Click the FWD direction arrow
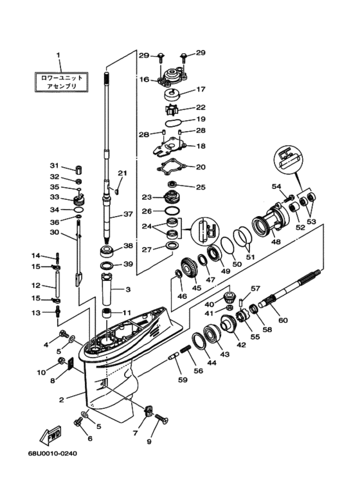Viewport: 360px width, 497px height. point(50,434)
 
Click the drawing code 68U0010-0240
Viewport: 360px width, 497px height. point(52,453)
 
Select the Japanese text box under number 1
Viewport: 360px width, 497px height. point(61,82)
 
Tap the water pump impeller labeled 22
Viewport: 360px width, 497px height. point(172,110)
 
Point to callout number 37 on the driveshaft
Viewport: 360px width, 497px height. point(128,214)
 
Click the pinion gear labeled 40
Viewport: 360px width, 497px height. point(228,296)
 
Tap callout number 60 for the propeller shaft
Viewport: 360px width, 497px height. point(283,320)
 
